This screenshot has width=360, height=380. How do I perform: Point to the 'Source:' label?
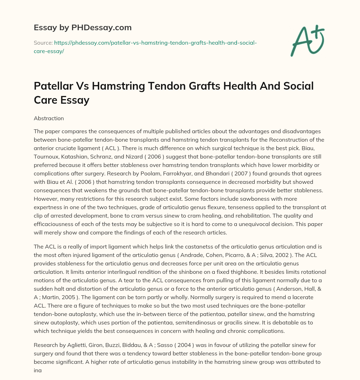point(43,43)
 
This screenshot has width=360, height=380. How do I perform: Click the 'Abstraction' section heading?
point(49,119)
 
